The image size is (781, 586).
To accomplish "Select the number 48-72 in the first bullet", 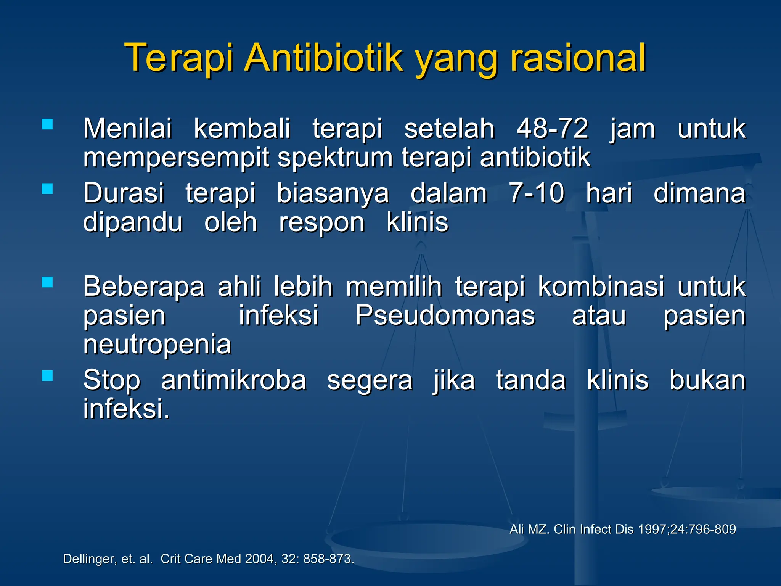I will click(x=552, y=129).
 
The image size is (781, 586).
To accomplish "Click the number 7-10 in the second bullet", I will click(x=536, y=193).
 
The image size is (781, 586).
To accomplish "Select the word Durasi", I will click(x=124, y=193).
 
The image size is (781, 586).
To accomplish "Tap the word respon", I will click(x=321, y=222).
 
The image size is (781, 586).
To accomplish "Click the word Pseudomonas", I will click(x=445, y=316).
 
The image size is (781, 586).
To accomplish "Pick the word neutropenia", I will click(x=157, y=345).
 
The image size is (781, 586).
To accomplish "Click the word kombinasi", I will click(x=601, y=287).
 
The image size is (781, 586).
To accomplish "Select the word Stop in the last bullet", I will click(x=112, y=380).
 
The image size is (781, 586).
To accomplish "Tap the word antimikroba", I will click(x=233, y=380).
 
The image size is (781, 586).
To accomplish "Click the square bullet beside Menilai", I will click(x=47, y=124).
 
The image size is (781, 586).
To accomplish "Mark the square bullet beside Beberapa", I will click(x=47, y=282).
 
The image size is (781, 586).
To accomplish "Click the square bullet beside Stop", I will click(x=47, y=376).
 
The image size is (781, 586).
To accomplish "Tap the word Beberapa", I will click(x=144, y=287).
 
